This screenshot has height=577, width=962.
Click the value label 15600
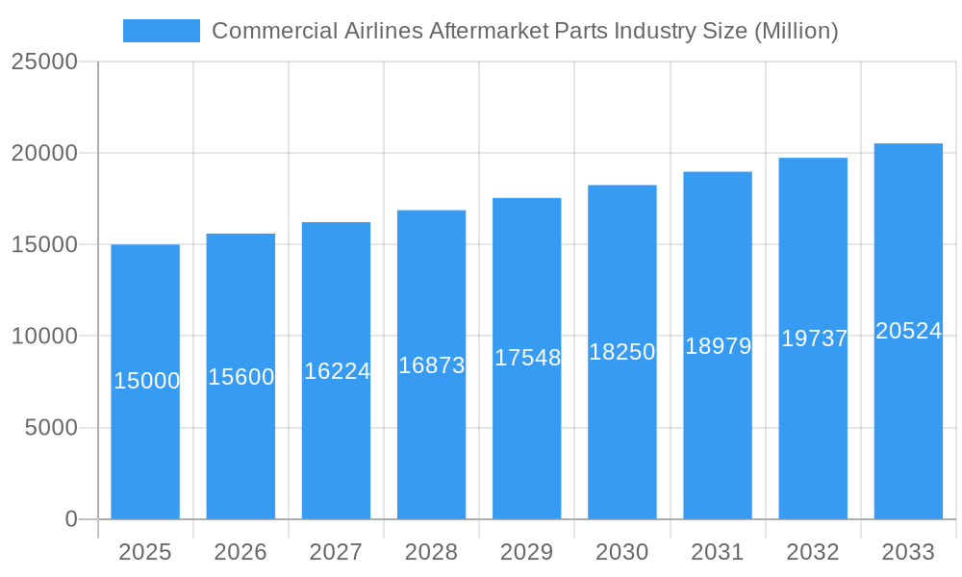241,377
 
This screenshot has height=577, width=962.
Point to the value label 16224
337,371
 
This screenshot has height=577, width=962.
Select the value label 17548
527,358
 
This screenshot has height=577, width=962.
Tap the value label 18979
718,346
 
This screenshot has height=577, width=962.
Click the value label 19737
814,339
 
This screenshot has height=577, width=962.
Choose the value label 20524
908,331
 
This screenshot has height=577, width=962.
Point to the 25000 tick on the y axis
44,62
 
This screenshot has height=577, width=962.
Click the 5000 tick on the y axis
50,428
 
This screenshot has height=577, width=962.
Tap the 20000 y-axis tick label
44,153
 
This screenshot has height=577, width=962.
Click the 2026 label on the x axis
240,552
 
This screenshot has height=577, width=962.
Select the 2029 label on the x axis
527,552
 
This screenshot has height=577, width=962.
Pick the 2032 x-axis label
813,552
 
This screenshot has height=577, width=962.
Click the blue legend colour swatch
162,31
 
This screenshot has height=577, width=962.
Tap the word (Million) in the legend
796,31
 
